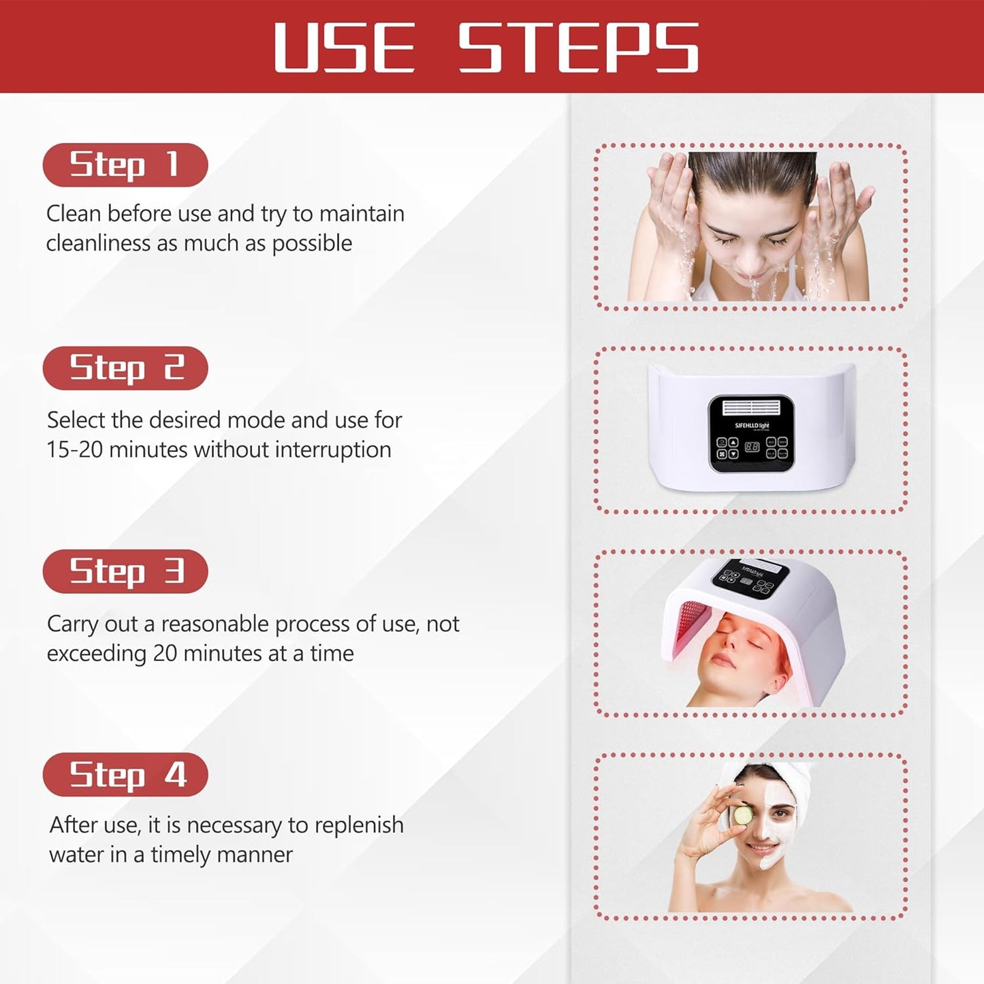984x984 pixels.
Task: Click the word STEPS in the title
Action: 578,47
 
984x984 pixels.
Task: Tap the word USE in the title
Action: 344,47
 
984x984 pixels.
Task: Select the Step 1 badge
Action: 125,165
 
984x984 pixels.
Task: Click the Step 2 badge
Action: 125,368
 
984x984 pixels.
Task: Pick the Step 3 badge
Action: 125,571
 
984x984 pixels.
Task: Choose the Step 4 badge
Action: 125,774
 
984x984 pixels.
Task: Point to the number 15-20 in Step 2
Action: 74,450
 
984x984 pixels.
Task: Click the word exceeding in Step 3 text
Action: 96,654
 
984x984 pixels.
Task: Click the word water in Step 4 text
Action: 73,855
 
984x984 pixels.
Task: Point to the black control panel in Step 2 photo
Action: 751,434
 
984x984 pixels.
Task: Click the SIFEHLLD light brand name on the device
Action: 752,426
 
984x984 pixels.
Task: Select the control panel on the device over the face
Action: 750,577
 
